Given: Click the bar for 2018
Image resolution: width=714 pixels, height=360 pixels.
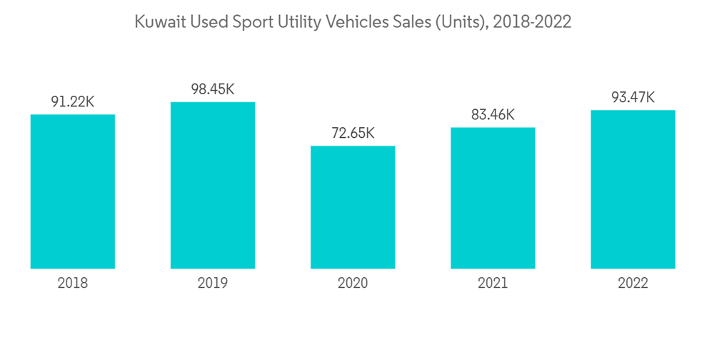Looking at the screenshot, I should coord(73,191).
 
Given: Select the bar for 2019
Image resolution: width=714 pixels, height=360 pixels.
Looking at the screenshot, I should coord(213,185).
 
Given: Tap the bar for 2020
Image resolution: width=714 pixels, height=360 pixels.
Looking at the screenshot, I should coord(353,207).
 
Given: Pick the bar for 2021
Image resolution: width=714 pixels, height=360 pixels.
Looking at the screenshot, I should coord(493,198).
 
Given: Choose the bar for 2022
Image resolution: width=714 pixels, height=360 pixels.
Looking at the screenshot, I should coord(633,189).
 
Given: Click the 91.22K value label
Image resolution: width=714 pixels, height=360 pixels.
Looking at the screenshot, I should coord(73,102).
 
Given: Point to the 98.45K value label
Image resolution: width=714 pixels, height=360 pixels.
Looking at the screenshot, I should coord(213,89).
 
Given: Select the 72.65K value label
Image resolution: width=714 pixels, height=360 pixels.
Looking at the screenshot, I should coord(353,134).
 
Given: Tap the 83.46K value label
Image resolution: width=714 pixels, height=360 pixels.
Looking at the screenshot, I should coord(493,115).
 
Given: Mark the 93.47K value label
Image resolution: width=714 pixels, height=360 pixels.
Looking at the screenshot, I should coord(633,98).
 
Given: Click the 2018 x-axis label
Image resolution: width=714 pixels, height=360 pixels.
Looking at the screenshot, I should coord(73,284).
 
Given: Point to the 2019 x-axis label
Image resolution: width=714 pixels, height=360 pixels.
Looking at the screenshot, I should coord(213,284).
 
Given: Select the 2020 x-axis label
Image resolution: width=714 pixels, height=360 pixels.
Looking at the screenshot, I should coord(353,284).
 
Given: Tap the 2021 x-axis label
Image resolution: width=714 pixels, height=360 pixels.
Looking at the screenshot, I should coord(493,284).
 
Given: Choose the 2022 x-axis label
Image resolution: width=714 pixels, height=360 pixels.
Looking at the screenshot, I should coord(633,284).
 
